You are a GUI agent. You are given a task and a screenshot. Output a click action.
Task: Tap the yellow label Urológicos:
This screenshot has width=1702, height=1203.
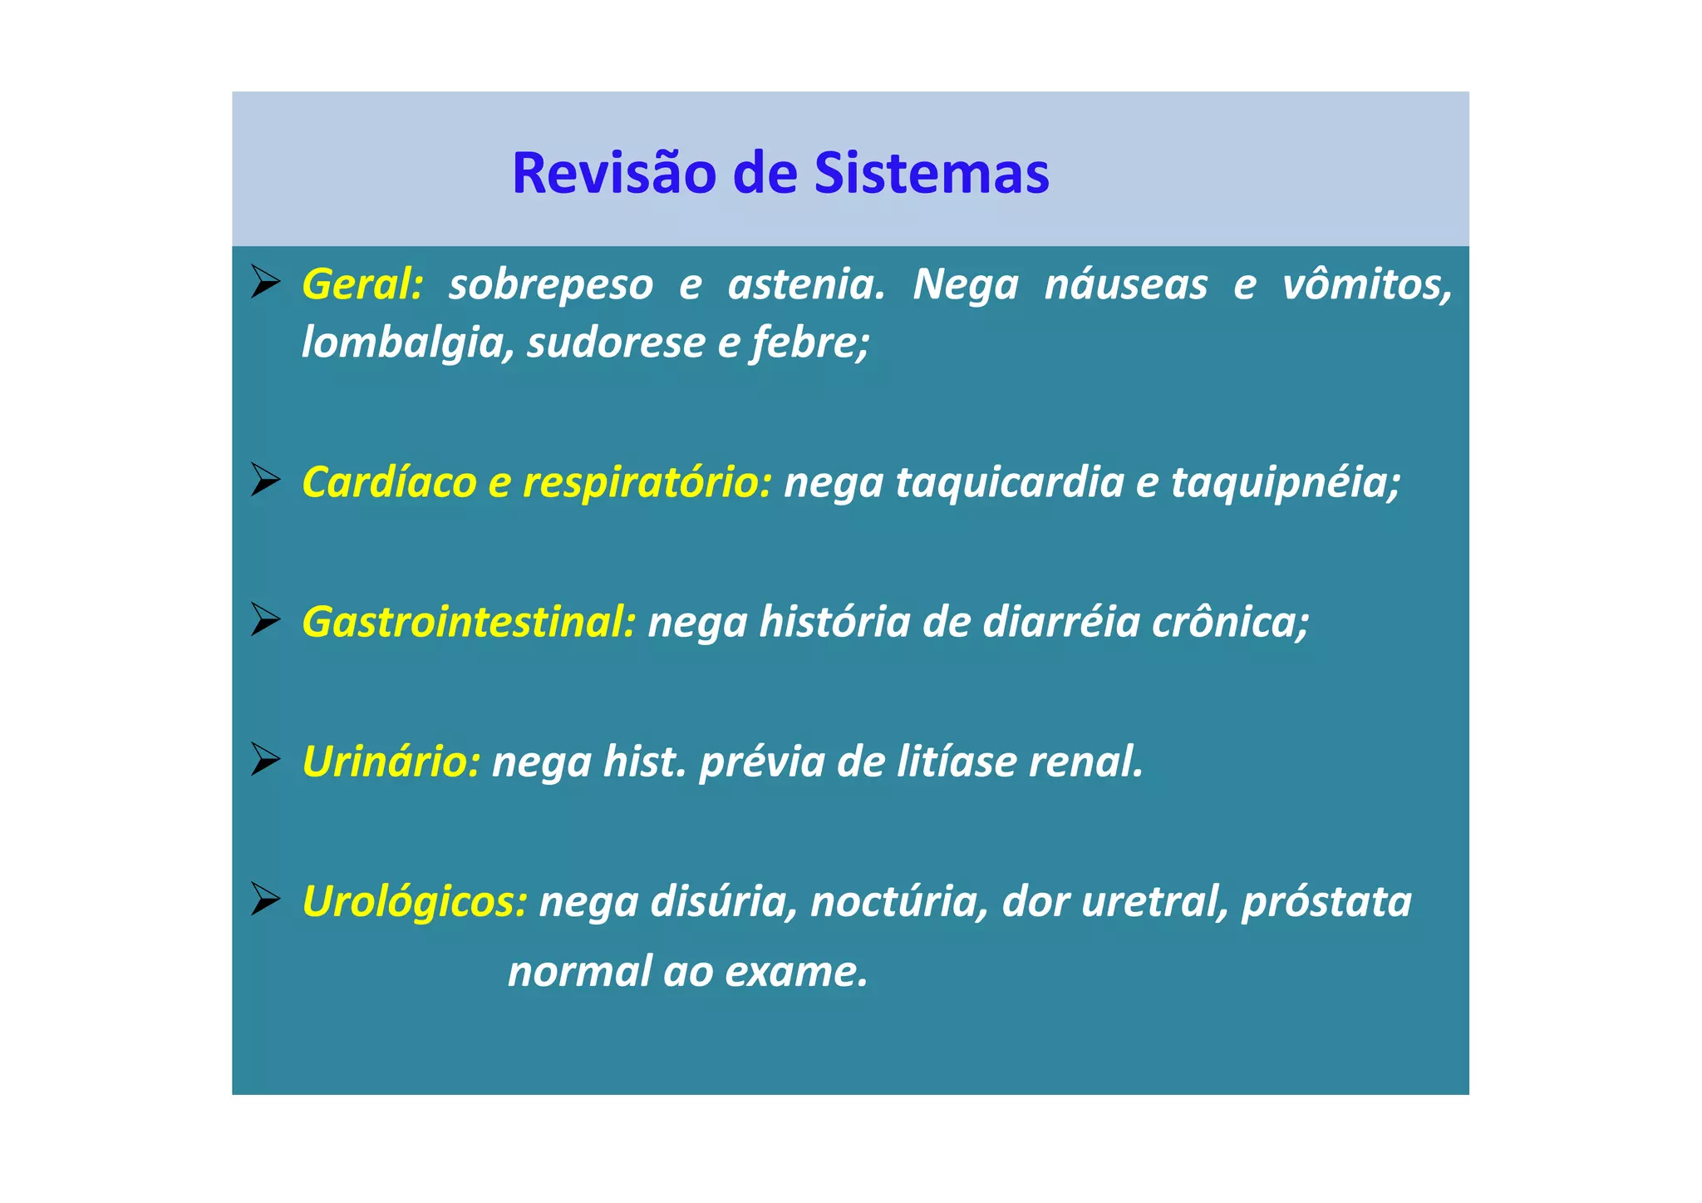[x=414, y=902]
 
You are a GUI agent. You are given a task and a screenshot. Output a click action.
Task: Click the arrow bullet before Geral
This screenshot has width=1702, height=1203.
[x=265, y=283]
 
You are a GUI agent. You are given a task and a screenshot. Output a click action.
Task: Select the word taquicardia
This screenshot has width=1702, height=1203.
[x=1009, y=483]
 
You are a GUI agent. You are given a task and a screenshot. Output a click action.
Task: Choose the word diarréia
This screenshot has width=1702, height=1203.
[x=1060, y=622]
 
